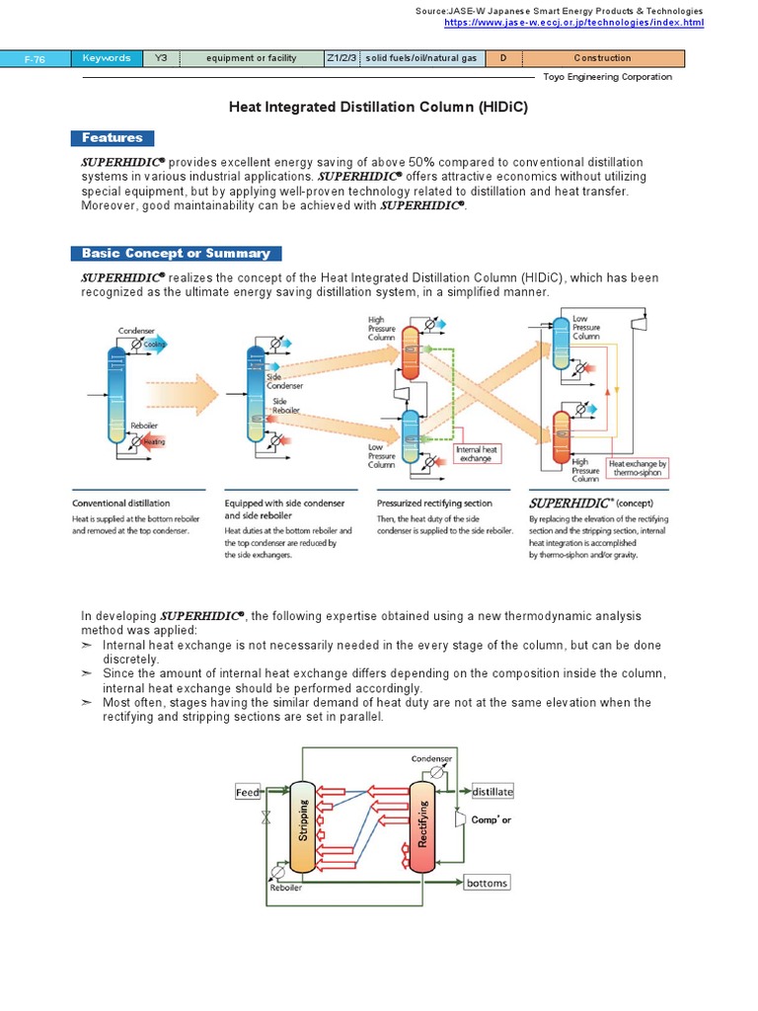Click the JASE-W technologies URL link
coord(573,22)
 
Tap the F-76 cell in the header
coord(35,58)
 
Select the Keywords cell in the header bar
coord(107,58)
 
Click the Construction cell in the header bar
coord(602,58)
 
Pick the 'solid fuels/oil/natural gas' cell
coord(420,58)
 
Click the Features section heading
coord(113,138)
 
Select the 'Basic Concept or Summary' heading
coord(176,254)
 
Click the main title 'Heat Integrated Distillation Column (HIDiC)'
coord(379,106)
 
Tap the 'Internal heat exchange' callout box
coord(478,453)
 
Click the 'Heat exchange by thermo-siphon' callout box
coord(637,467)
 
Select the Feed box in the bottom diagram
coord(249,792)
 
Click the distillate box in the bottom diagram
coord(492,792)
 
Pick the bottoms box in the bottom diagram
coord(488,883)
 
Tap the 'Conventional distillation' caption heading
coord(120,503)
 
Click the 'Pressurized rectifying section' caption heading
coord(434,503)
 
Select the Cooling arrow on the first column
coord(155,344)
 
